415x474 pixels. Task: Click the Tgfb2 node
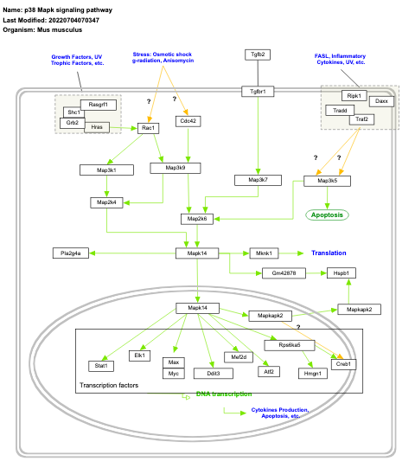point(258,54)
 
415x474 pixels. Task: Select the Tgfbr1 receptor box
point(258,91)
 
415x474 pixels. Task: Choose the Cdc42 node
point(188,121)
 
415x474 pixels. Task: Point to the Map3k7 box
point(258,180)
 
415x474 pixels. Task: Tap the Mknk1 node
point(264,253)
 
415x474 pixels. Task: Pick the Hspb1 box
point(338,272)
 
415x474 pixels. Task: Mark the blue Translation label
point(329,253)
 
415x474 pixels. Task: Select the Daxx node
point(382,101)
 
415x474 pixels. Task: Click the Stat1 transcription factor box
point(100,366)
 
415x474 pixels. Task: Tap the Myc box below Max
point(174,373)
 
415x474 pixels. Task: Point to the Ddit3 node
point(213,373)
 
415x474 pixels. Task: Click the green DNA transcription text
point(224,394)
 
